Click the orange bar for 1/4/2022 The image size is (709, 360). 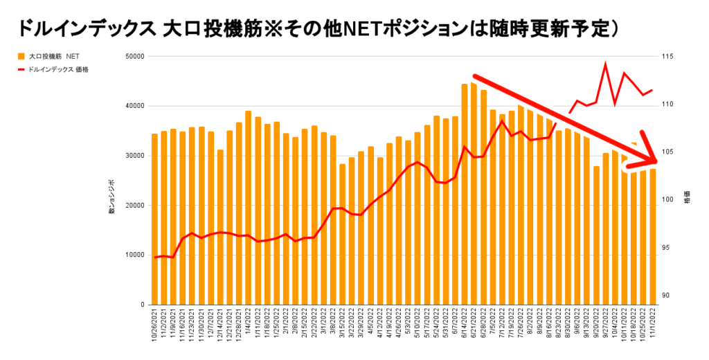point(248,208)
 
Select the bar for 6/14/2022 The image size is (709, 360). point(465,194)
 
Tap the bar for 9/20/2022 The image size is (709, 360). point(596,235)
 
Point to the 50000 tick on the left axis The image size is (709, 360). point(133,56)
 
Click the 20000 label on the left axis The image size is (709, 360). point(133,206)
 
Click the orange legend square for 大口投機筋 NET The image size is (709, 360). point(21,55)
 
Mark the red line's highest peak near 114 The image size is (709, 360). point(606,64)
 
